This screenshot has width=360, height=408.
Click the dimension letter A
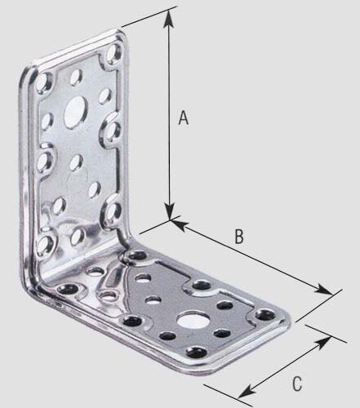point(184,118)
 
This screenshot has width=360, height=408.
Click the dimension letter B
point(239,237)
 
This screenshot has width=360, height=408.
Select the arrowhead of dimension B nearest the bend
point(177,223)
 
